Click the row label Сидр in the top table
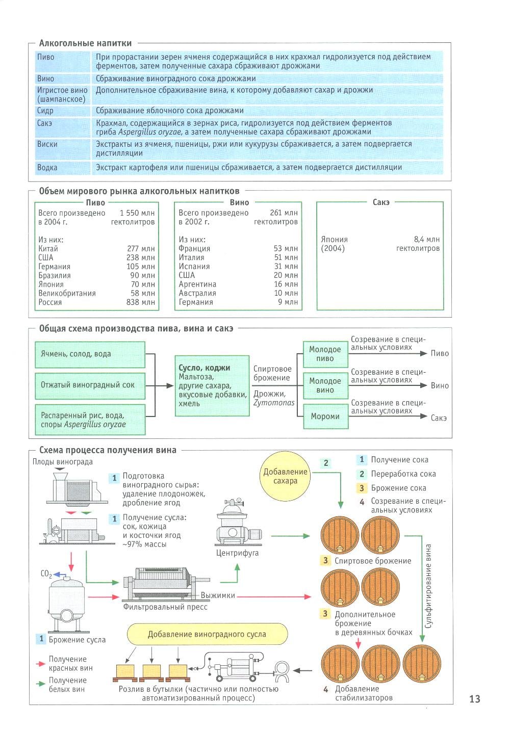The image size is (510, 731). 45,111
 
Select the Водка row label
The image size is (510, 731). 47,167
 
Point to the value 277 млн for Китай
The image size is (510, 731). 141,248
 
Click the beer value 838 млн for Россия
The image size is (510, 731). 140,302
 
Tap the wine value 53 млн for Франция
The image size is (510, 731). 286,248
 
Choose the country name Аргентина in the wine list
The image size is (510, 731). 197,284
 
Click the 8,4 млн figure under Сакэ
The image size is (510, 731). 426,239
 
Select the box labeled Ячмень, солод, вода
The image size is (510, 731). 90,354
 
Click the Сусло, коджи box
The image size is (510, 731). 212,386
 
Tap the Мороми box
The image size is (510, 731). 325,416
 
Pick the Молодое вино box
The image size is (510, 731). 325,385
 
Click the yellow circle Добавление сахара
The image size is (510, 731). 286,476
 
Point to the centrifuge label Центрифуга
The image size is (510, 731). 237,553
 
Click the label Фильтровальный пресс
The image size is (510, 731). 165,607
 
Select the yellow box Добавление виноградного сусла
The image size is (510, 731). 207,634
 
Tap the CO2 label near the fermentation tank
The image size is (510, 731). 46,574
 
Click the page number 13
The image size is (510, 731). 474,699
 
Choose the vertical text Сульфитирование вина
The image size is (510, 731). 428,586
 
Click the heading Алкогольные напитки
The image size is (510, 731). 85,43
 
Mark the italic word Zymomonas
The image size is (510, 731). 274,403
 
